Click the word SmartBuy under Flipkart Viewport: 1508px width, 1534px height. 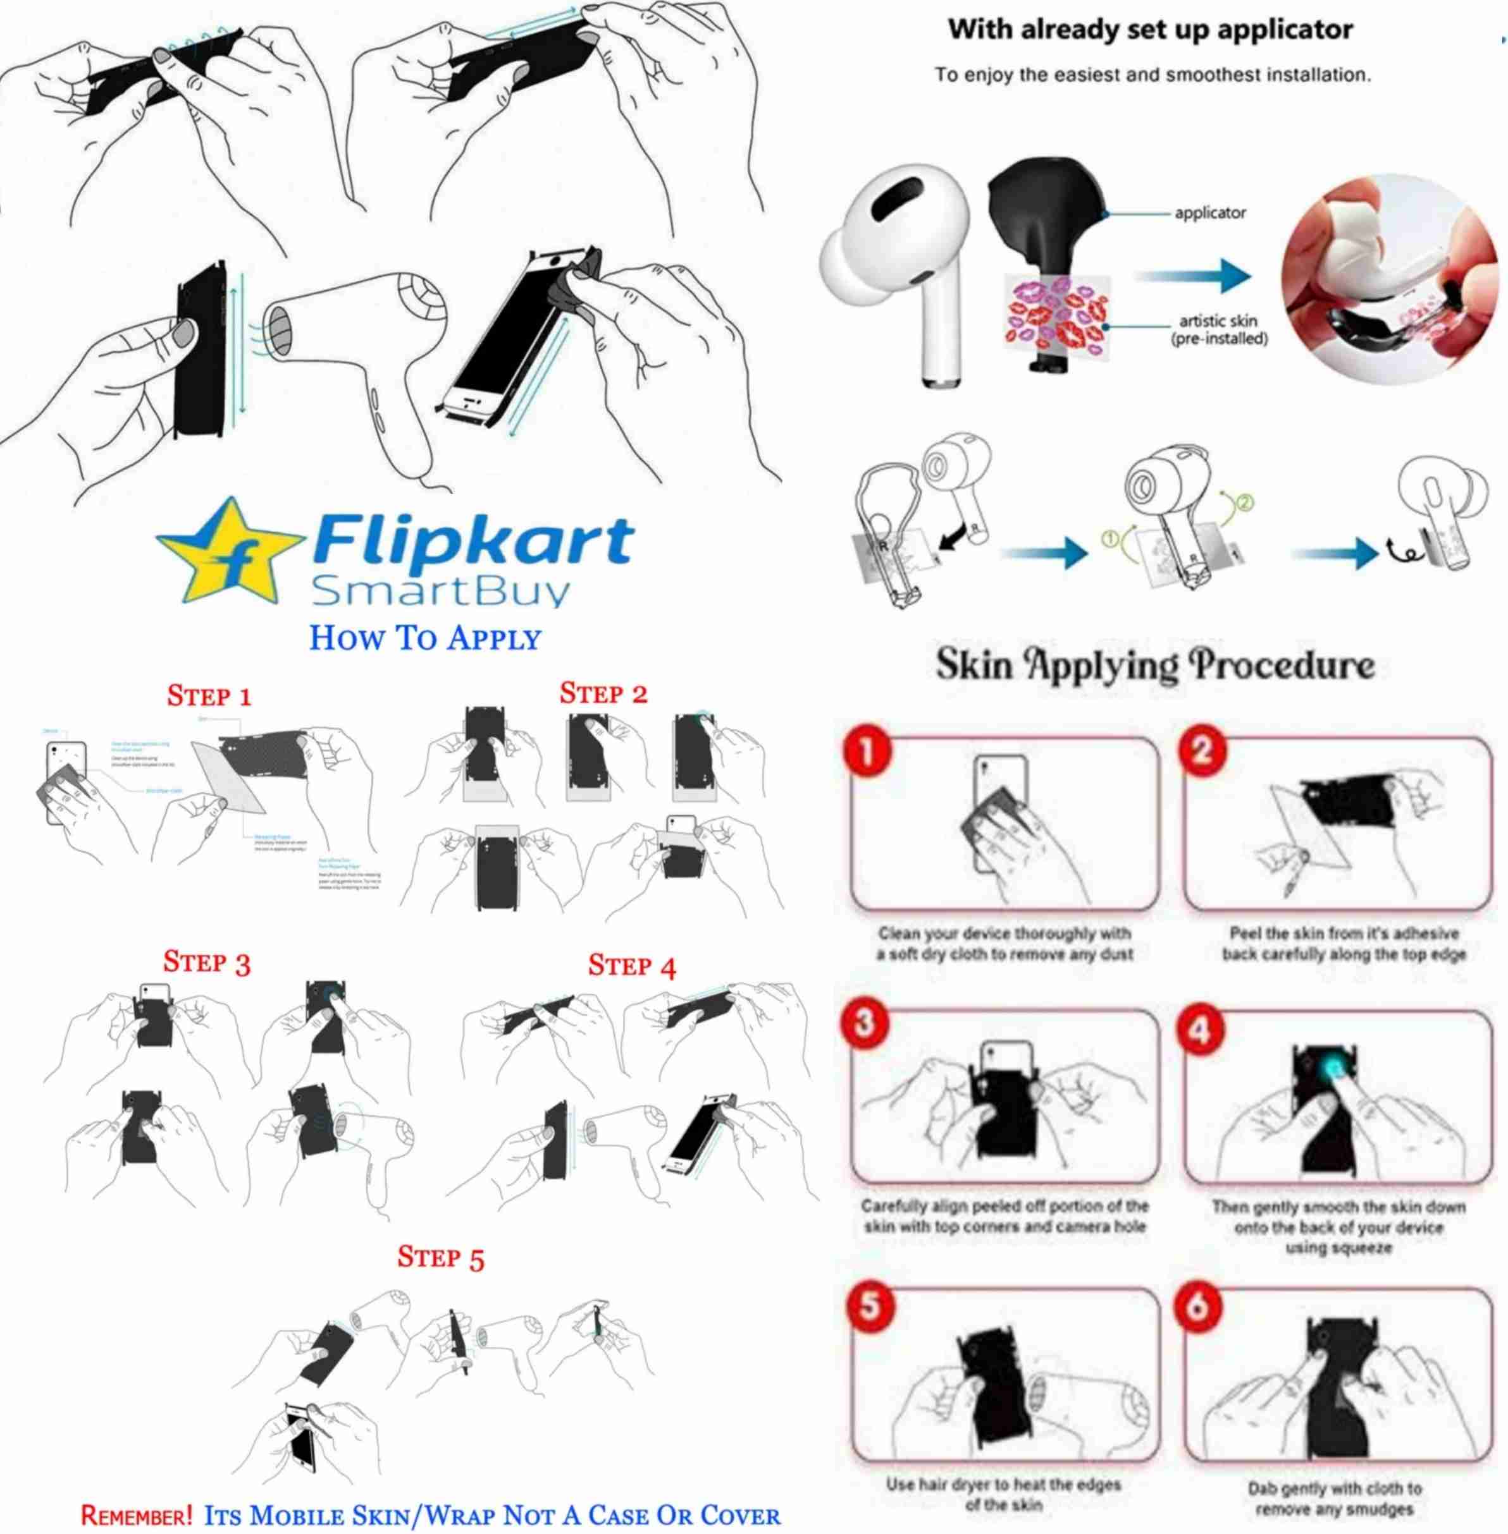pos(440,592)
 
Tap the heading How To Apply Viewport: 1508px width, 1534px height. pos(424,638)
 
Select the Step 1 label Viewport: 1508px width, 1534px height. pos(209,696)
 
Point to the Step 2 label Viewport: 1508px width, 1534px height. pos(603,693)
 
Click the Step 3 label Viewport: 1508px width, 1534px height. pos(207,962)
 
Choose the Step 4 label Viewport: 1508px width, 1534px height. pos(632,966)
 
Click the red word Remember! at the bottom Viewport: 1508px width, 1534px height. pos(136,1515)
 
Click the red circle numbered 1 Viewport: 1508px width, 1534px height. pos(867,750)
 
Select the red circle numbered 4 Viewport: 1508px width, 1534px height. pos(1201,1031)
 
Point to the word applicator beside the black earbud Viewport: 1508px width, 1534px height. pos(1210,213)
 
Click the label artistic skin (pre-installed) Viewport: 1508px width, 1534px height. pos(1218,330)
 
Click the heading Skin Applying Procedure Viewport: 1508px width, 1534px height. pos(1156,665)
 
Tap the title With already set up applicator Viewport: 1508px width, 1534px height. pos(1150,30)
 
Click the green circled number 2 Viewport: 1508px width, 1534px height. pos(1244,502)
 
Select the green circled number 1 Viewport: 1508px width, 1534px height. pos(1110,539)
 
